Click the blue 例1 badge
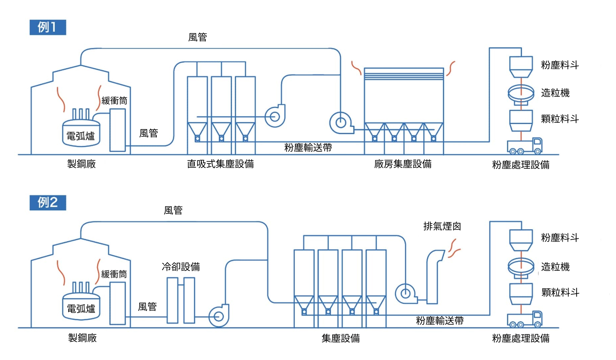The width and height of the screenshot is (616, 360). (48, 27)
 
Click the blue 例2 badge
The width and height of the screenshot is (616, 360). (48, 202)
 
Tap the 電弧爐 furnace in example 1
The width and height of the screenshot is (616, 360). (81, 134)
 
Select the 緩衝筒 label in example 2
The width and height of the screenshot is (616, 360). (114, 274)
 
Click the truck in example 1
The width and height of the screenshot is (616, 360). (524, 146)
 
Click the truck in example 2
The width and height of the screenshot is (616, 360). (524, 319)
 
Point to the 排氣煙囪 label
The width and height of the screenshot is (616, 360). (442, 227)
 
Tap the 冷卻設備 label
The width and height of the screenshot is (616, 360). (181, 267)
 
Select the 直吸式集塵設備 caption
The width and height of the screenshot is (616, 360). (220, 164)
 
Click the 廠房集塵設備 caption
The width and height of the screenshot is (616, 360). (403, 164)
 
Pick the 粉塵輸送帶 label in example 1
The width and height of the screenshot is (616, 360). (308, 148)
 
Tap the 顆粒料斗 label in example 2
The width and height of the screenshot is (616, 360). (560, 292)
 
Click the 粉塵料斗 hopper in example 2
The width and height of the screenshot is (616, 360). (521, 240)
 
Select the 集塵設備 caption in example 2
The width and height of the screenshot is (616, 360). (340, 338)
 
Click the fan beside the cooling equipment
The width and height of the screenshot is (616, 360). (219, 316)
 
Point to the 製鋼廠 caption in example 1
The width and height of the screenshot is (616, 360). (81, 164)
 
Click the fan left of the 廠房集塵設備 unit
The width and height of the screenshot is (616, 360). (340, 123)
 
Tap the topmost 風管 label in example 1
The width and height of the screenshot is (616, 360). (198, 37)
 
